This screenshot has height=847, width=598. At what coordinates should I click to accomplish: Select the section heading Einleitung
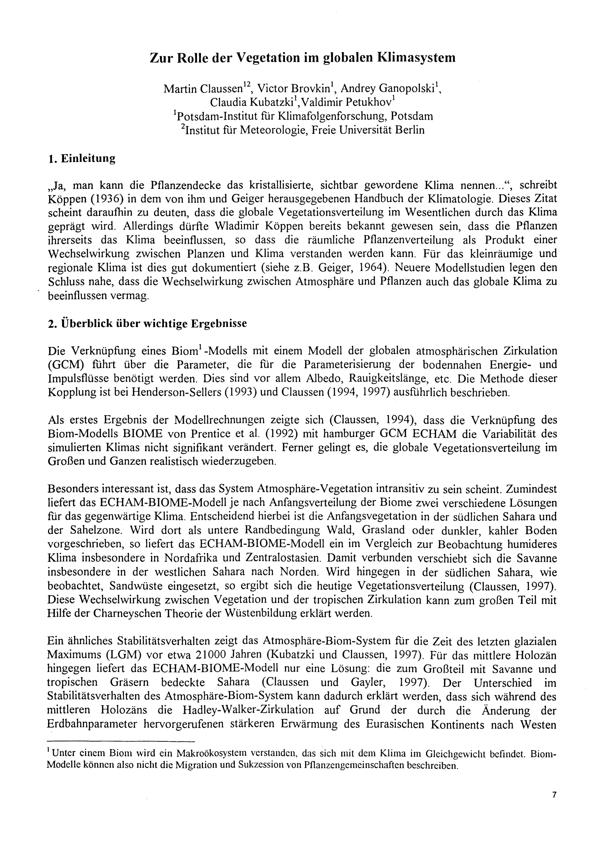[88, 159]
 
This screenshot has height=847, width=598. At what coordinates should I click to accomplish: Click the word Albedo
[323, 379]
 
